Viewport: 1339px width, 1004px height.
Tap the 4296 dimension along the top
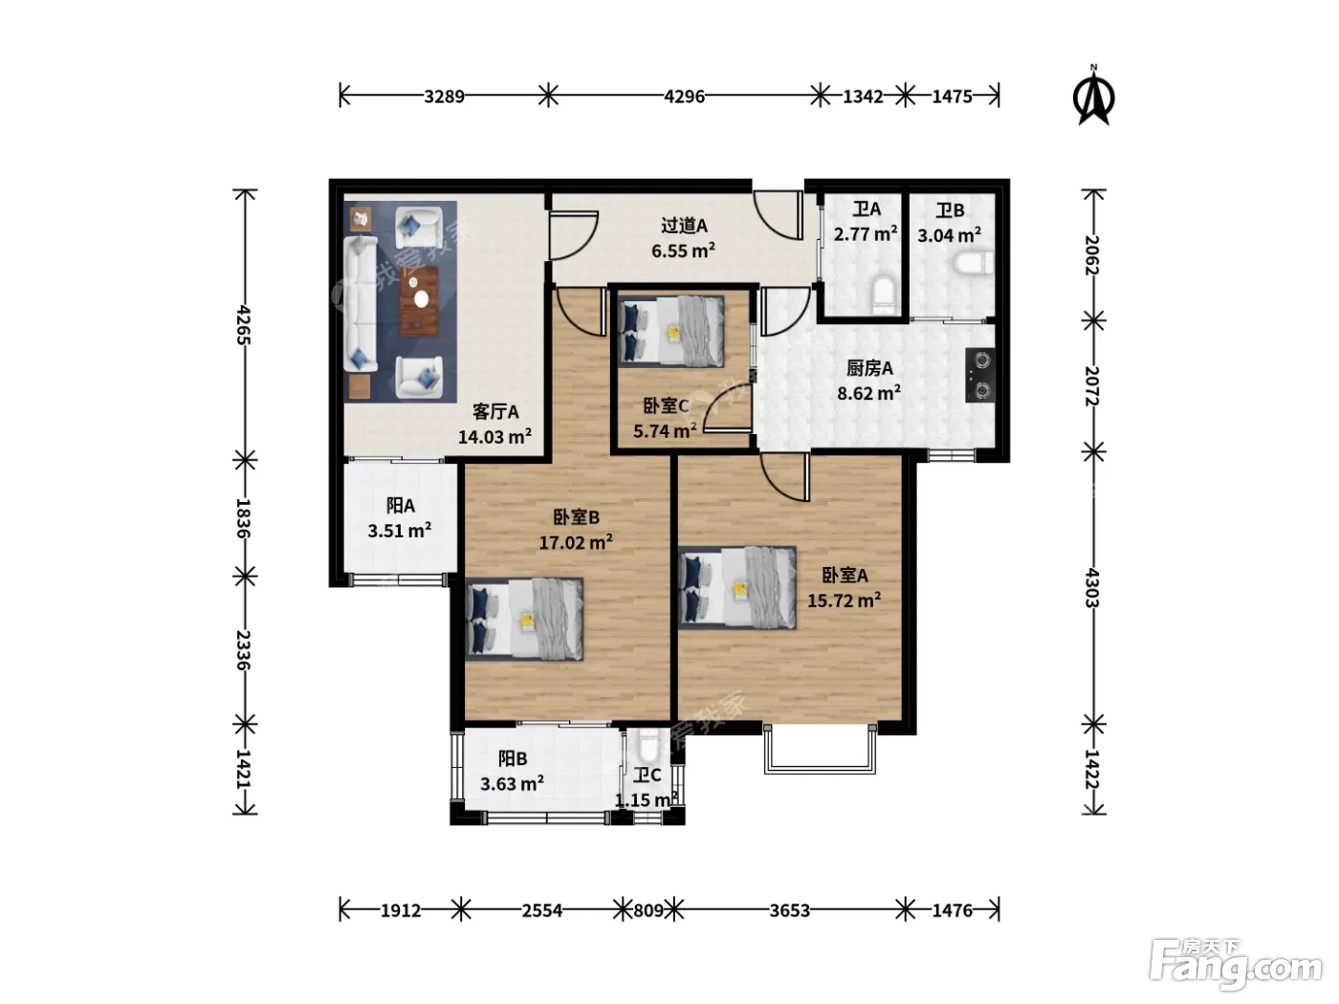(x=684, y=97)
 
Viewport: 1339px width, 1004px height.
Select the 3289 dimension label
(x=444, y=97)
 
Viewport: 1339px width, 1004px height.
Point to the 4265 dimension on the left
(x=243, y=325)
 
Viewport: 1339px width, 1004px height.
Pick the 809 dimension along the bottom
(x=648, y=910)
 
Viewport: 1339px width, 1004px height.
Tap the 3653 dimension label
(x=789, y=910)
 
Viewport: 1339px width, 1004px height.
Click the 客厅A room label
(x=495, y=412)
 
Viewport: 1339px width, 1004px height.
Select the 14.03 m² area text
(x=494, y=436)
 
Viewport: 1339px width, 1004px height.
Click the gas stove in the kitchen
(x=979, y=375)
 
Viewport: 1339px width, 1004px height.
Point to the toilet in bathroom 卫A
(x=883, y=295)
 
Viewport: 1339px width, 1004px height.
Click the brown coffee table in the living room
(x=420, y=300)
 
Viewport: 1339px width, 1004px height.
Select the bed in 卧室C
(x=671, y=332)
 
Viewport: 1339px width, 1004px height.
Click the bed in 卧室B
(x=525, y=620)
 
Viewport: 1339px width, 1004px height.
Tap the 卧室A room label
(x=845, y=575)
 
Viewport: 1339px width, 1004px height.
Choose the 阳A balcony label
(x=400, y=506)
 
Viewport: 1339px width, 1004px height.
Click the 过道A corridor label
(x=684, y=226)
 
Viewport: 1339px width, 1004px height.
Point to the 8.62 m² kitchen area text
(x=868, y=393)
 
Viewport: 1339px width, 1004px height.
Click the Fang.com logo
(x=1235, y=963)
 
